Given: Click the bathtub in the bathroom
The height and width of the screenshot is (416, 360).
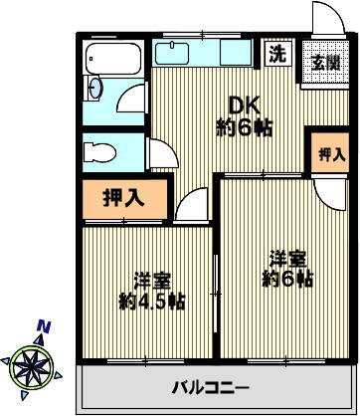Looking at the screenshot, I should [x=114, y=69].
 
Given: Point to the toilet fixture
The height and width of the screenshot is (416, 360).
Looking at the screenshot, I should [x=98, y=152].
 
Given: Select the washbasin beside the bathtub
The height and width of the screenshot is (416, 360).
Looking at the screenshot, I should [x=94, y=88].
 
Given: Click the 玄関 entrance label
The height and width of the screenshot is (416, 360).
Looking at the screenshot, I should [x=325, y=63].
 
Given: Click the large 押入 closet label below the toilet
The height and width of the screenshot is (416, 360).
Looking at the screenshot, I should [x=124, y=197].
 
